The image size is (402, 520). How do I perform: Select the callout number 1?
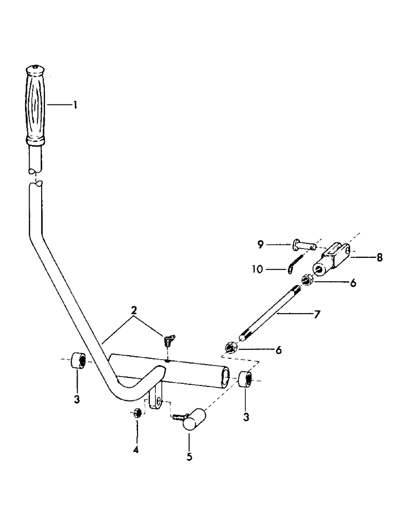coord(75,105)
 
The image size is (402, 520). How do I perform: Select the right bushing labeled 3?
coord(245,379)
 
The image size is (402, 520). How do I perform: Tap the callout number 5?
coord(190,458)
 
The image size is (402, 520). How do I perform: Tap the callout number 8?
coord(380,257)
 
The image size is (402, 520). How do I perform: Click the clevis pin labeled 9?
coord(305,244)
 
